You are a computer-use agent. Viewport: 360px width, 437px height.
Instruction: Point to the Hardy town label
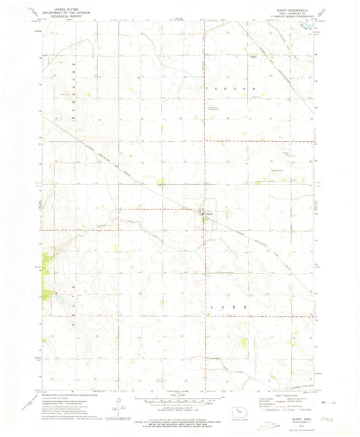(x=210, y=214)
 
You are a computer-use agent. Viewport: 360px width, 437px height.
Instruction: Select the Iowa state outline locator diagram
(x=232, y=406)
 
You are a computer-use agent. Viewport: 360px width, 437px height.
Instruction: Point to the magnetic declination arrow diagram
(x=119, y=404)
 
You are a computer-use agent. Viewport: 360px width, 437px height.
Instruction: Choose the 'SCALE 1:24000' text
(x=179, y=396)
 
